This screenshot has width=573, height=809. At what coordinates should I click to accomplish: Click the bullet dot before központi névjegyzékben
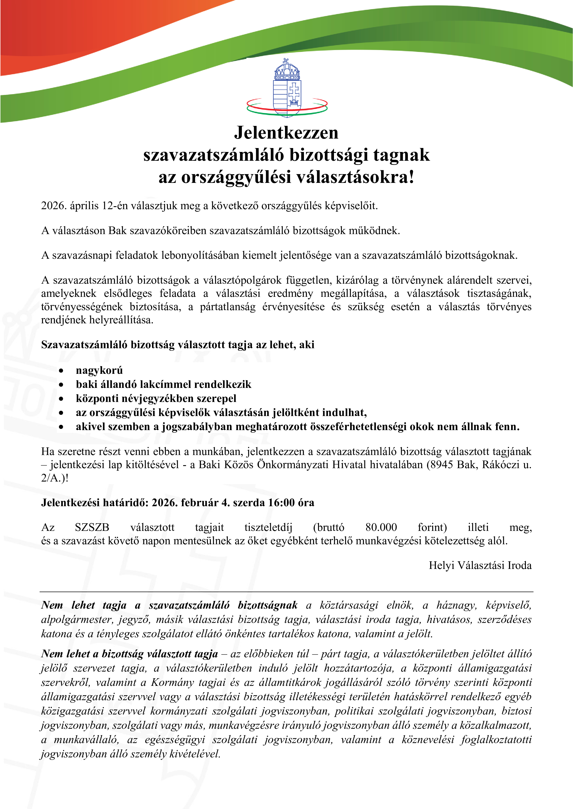tap(61, 399)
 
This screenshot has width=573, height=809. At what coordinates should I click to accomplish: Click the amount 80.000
tap(381, 527)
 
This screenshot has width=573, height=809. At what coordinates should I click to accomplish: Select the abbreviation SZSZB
tap(92, 527)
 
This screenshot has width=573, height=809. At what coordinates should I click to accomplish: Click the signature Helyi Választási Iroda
tap(480, 565)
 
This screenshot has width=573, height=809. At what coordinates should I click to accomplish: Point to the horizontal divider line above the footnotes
tap(286, 592)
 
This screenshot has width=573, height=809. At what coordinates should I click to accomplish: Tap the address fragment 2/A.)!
tap(55, 478)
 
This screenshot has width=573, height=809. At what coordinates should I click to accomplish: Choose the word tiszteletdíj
tap(268, 527)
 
